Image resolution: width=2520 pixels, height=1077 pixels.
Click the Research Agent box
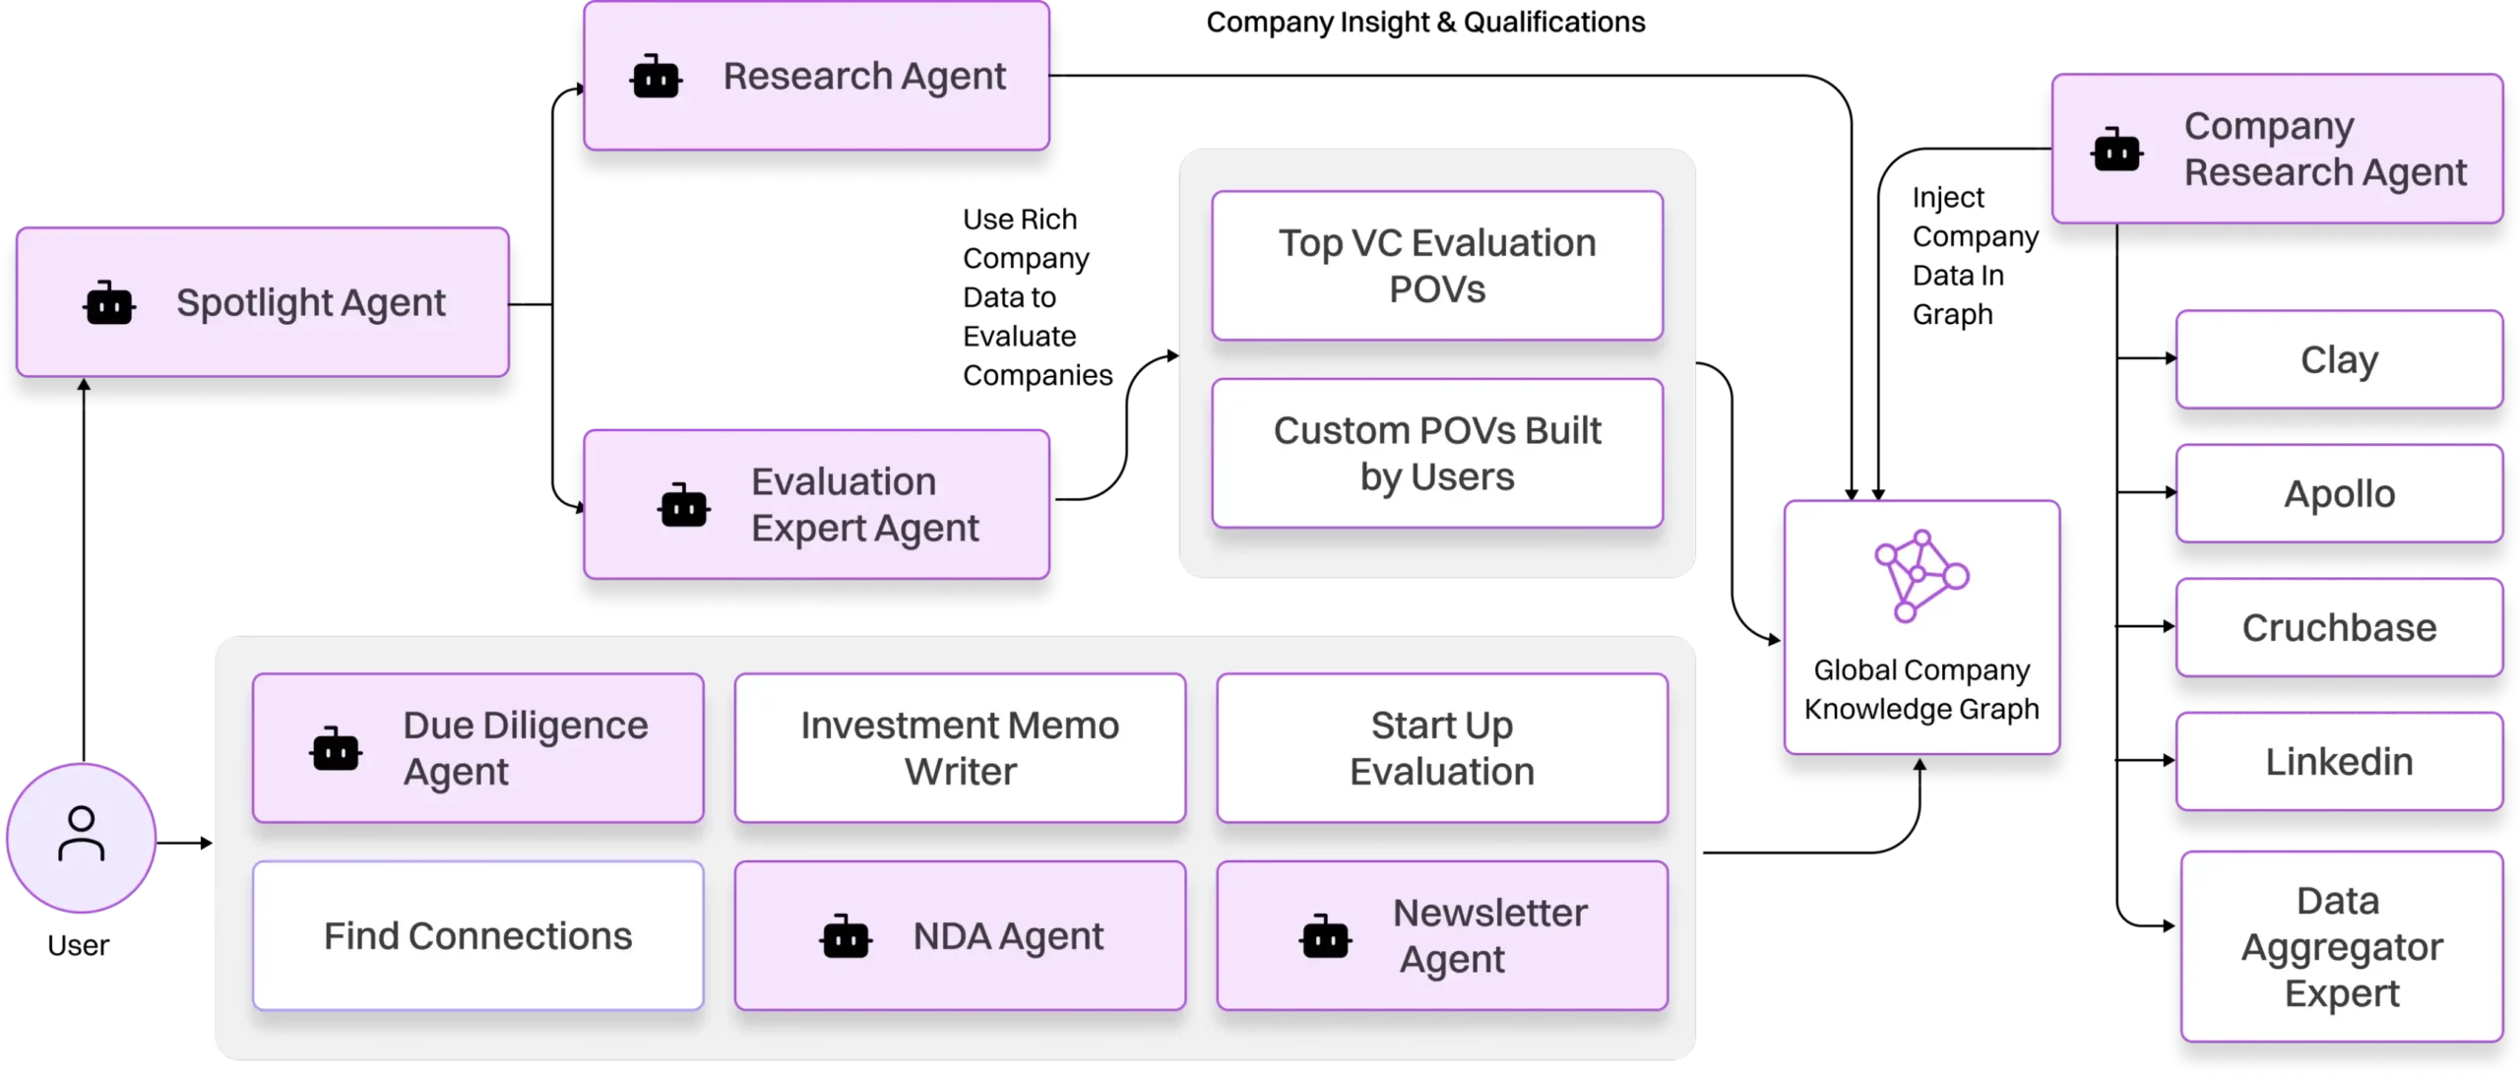click(x=816, y=77)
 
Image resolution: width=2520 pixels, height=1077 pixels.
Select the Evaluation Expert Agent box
click(x=816, y=505)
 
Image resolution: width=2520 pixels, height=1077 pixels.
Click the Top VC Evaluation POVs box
click(x=1436, y=266)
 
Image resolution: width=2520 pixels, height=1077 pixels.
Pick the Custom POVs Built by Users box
click(x=1436, y=454)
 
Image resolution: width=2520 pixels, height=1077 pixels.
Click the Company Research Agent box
click(x=2276, y=150)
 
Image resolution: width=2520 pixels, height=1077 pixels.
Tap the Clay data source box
click(x=2338, y=359)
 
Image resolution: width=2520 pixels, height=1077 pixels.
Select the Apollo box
click(x=2338, y=493)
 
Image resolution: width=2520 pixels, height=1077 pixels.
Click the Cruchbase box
click(x=2338, y=627)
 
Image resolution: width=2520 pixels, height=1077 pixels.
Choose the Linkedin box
click(x=2338, y=761)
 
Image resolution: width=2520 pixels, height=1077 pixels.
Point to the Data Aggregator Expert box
click(x=2340, y=946)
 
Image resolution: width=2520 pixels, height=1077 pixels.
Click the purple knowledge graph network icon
click(x=1920, y=576)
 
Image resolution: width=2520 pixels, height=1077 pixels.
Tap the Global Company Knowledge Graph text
click(x=1921, y=689)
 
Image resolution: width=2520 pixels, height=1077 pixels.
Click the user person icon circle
click(x=81, y=836)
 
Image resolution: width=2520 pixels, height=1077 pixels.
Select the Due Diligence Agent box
click(x=477, y=748)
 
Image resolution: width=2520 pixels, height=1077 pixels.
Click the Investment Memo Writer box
click(x=960, y=748)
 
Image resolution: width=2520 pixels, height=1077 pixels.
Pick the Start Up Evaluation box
click(x=1441, y=748)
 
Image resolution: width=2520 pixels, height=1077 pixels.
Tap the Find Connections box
click(x=477, y=935)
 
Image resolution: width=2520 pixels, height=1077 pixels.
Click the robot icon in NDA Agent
click(x=845, y=937)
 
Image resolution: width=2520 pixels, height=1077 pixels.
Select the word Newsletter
click(x=1489, y=913)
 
